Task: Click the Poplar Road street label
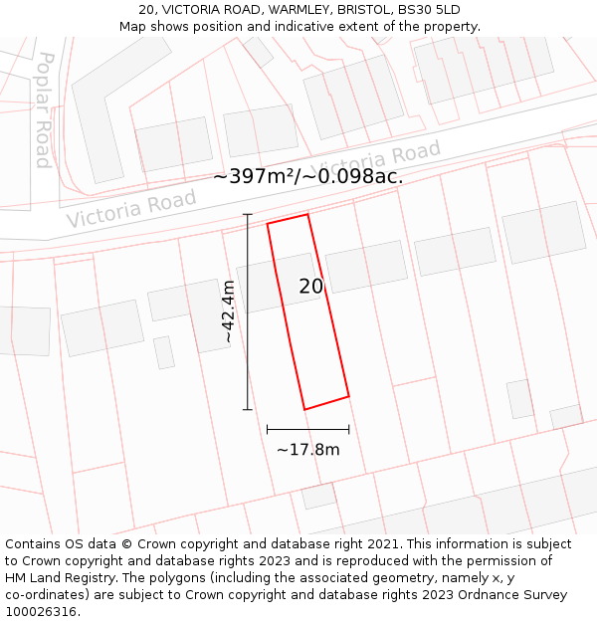pos(43,109)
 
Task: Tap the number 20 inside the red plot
pos(311,287)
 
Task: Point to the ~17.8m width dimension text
pos(307,450)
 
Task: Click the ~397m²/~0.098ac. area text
pos(307,177)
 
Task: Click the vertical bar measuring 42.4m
pos(248,311)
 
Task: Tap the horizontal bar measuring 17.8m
pos(307,430)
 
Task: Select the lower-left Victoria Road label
pos(131,209)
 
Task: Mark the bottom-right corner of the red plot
pos(348,397)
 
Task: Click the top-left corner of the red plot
pos(267,224)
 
